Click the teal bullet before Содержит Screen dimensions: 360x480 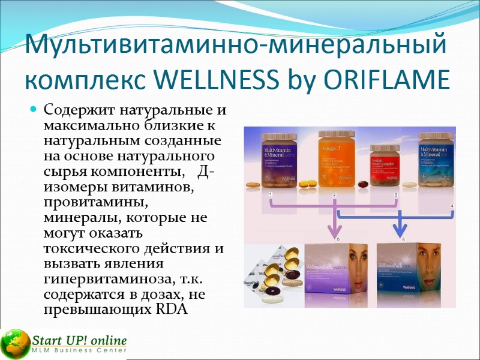34,110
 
